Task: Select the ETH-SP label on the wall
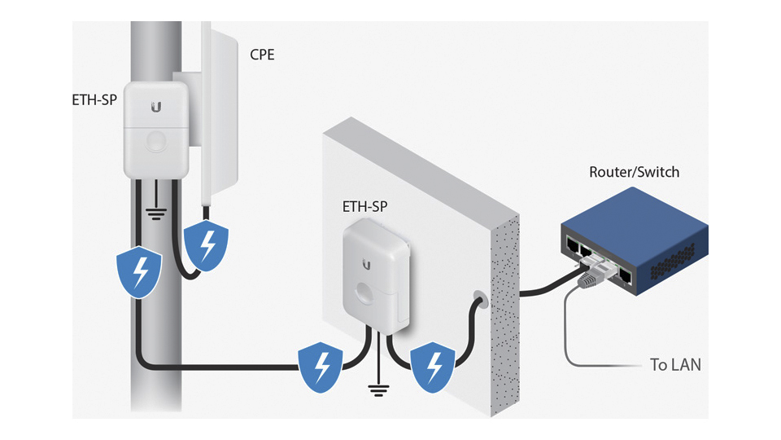tap(364, 208)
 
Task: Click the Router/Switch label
tap(634, 173)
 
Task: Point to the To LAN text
tap(675, 365)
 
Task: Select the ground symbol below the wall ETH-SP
tap(377, 389)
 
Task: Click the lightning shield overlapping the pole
tap(141, 271)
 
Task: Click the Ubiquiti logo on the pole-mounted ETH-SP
tap(155, 107)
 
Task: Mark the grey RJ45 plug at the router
tap(590, 280)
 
